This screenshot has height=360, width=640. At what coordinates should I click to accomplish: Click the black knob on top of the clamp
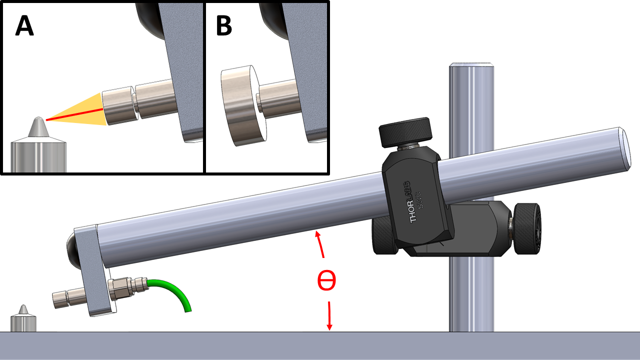point(405,132)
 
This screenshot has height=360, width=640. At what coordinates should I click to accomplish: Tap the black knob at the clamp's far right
point(527,228)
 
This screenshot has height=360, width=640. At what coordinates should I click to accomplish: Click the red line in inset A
point(74,114)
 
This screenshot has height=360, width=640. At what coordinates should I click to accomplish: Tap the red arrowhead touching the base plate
point(329,326)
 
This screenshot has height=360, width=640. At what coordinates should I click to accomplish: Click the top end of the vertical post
point(471,65)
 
